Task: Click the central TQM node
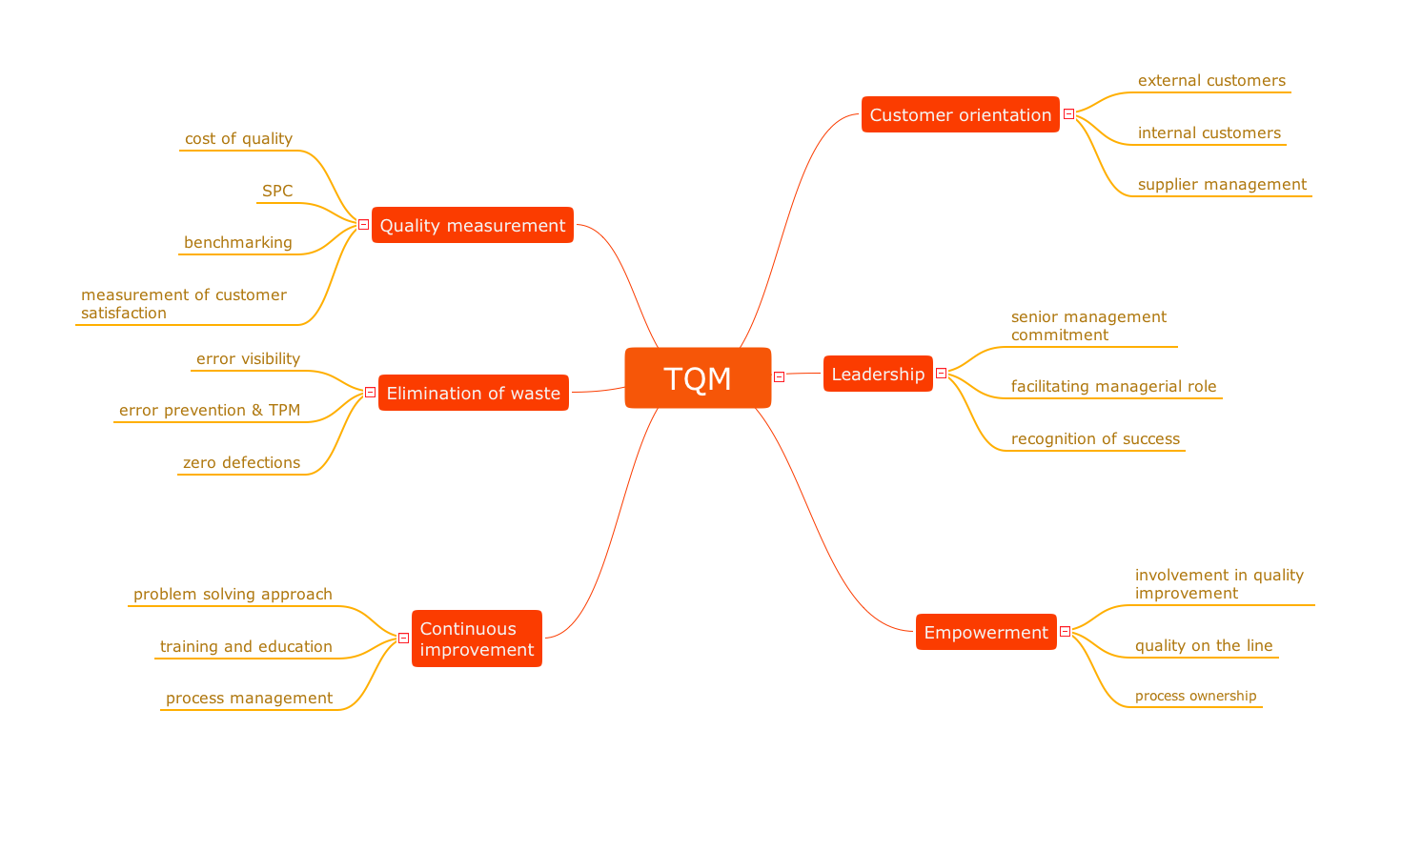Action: [x=698, y=378]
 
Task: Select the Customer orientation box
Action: [x=960, y=114]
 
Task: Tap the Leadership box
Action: [x=878, y=374]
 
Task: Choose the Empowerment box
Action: [x=985, y=632]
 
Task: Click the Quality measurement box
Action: [x=472, y=225]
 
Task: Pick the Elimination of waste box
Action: [x=473, y=393]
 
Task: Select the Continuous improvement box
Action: [x=477, y=639]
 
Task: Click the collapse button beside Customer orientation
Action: [x=1069, y=114]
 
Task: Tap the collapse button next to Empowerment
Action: [x=1066, y=632]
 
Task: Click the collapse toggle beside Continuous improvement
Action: [x=403, y=639]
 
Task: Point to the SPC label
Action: [x=277, y=191]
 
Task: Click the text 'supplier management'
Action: [x=1222, y=184]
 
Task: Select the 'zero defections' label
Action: [x=241, y=462]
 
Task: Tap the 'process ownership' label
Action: [x=1195, y=696]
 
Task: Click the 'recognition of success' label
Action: [x=1095, y=438]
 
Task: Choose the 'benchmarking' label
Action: [x=238, y=242]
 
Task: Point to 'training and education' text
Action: [x=246, y=646]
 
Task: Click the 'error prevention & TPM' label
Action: [x=210, y=410]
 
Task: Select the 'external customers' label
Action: [x=1211, y=80]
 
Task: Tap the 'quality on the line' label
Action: [x=1204, y=645]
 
